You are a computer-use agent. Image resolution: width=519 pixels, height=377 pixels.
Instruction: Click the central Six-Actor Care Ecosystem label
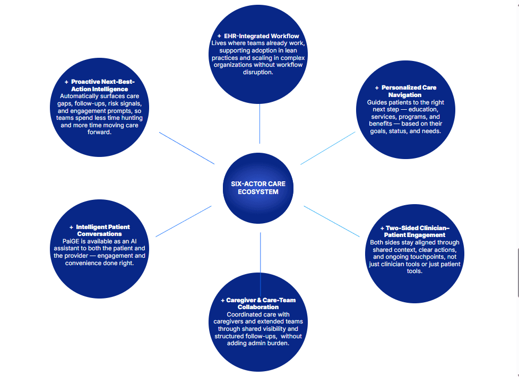point(258,188)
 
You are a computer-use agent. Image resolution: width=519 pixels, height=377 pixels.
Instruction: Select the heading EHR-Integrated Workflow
point(262,36)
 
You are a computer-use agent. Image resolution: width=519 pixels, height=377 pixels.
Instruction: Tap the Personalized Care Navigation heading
point(408,91)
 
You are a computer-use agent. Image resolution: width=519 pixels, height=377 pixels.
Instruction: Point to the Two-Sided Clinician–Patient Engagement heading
point(415,231)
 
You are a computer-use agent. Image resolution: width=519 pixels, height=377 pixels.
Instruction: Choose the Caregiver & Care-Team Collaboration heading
point(261,303)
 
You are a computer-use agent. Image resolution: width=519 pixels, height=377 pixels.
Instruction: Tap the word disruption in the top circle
point(258,72)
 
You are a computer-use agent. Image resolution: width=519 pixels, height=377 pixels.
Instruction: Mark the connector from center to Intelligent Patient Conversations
point(183,221)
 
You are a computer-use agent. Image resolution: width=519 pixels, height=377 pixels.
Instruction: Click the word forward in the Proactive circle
point(100,133)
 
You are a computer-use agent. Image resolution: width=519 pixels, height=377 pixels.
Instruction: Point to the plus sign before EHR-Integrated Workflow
point(219,36)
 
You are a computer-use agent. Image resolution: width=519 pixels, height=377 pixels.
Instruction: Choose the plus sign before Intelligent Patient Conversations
point(71,227)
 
